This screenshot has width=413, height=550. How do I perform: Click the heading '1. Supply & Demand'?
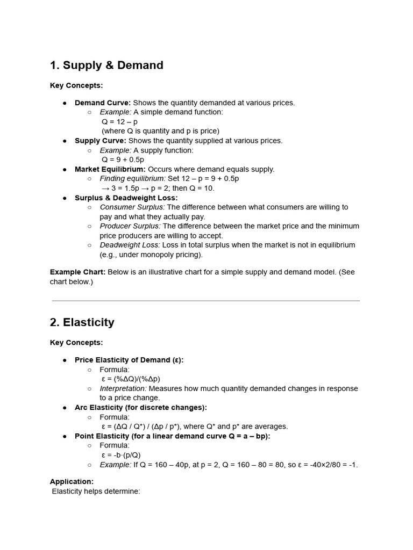click(x=106, y=66)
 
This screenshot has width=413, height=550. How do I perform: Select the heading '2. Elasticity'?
click(x=82, y=322)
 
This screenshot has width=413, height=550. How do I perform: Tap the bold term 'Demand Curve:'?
click(x=103, y=103)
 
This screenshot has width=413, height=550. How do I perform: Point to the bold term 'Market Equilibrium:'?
click(x=110, y=169)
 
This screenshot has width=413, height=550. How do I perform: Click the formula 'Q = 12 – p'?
click(x=119, y=121)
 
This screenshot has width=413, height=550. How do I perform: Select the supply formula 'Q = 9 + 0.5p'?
click(x=123, y=160)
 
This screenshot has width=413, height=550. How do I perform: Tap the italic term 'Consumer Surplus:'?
click(x=132, y=207)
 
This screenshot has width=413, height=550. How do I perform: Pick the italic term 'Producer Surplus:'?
click(x=130, y=226)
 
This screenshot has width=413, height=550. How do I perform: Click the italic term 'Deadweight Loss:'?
click(x=130, y=245)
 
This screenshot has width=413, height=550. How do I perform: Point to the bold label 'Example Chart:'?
click(x=77, y=272)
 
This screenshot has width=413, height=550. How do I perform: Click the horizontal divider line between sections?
click(x=206, y=301)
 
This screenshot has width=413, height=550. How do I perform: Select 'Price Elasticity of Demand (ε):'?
click(x=129, y=360)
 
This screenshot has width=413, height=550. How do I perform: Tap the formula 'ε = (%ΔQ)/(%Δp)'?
click(x=131, y=379)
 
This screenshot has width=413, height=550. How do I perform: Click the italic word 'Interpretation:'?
click(x=123, y=388)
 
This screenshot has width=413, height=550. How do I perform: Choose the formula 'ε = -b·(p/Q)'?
click(x=121, y=455)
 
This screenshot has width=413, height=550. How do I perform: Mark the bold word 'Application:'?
click(x=72, y=482)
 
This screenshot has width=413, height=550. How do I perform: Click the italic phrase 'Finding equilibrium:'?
click(x=133, y=178)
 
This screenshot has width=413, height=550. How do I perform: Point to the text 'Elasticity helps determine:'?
click(x=96, y=491)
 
